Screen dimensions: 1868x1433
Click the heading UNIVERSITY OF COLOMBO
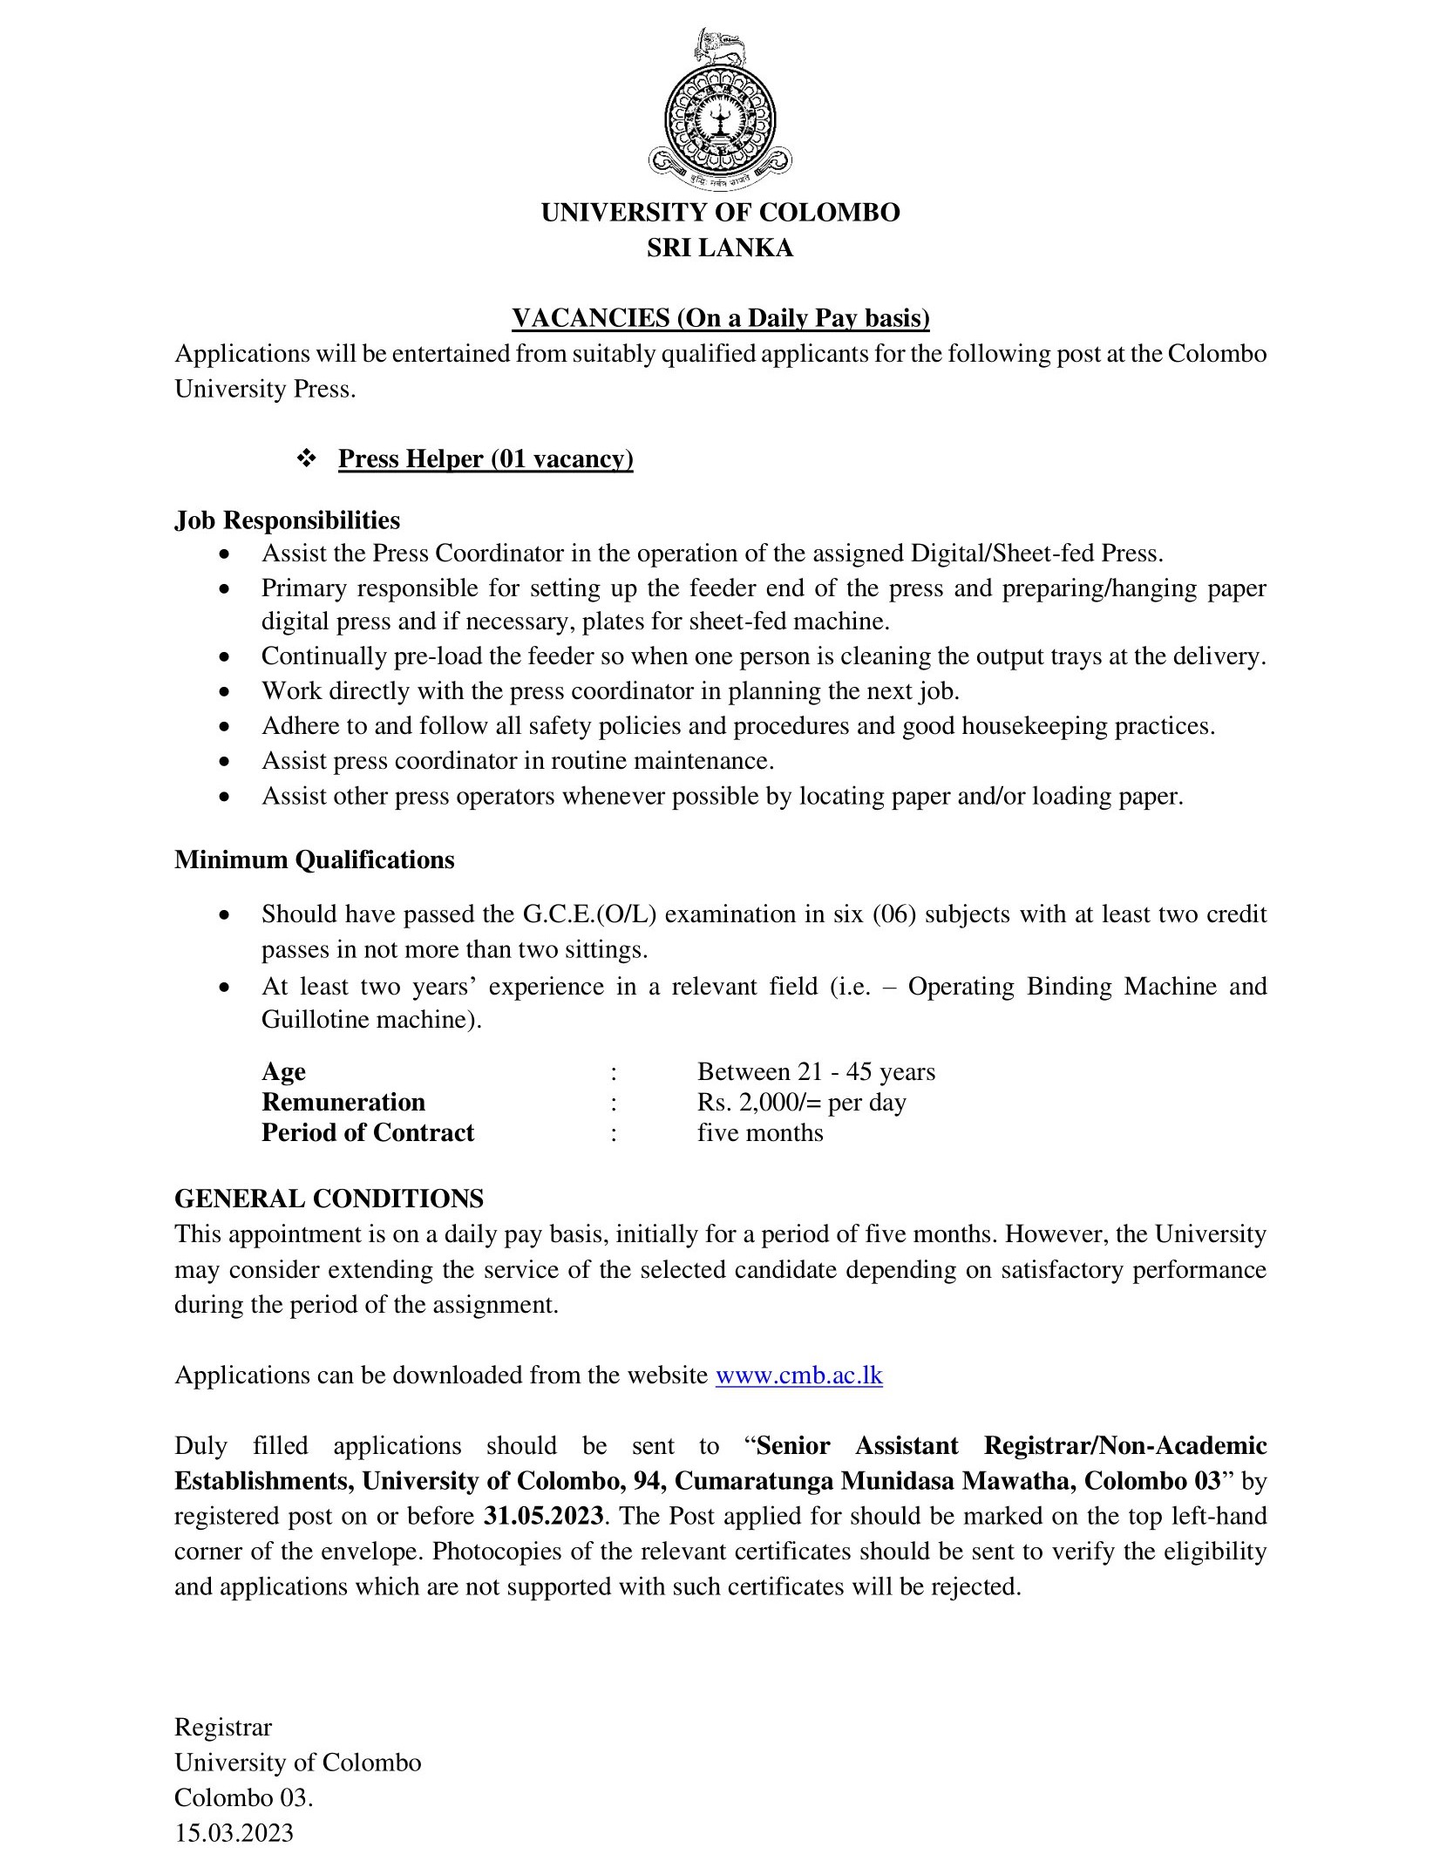point(720,213)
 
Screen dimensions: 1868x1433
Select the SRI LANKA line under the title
point(720,248)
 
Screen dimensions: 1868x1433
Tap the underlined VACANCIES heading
point(720,319)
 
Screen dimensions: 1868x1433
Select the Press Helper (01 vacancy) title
point(486,459)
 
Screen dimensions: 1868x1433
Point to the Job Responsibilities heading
point(287,520)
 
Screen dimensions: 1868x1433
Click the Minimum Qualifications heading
point(314,859)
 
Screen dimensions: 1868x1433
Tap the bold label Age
point(283,1071)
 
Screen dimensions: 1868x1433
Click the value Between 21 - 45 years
point(816,1071)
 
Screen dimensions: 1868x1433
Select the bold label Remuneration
point(343,1102)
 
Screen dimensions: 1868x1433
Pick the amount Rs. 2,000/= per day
point(801,1103)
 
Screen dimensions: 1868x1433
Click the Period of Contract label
point(368,1132)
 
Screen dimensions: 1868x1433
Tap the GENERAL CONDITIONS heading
point(329,1199)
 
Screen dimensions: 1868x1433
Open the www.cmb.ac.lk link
point(798,1376)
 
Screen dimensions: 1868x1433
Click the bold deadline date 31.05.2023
point(542,1516)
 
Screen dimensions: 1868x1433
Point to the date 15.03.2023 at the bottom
point(234,1832)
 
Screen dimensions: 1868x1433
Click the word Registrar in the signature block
point(223,1727)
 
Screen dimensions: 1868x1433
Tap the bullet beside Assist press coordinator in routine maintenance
point(226,762)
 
